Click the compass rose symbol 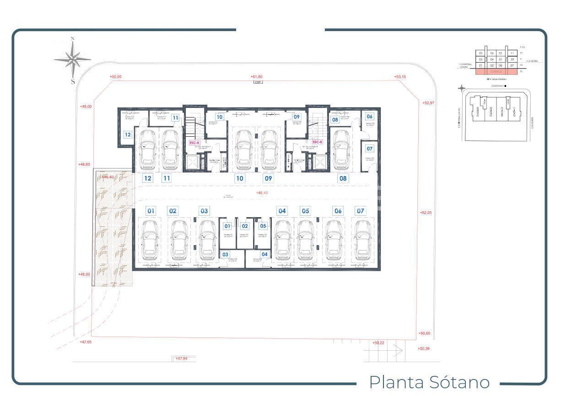pyautogui.click(x=72, y=59)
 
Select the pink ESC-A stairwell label pyautogui.click(x=194, y=143)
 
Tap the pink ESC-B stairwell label pyautogui.click(x=318, y=142)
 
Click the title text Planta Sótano pyautogui.click(x=429, y=382)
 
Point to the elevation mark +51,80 pyautogui.click(x=256, y=77)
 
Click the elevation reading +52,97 pyautogui.click(x=428, y=103)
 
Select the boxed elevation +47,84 pyautogui.click(x=181, y=359)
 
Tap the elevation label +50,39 pyautogui.click(x=424, y=349)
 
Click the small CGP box pyautogui.click(x=258, y=82)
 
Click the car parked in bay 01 pyautogui.click(x=150, y=240)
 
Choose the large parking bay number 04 pyautogui.click(x=282, y=211)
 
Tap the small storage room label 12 pyautogui.click(x=128, y=135)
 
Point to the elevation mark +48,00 pyautogui.click(x=84, y=274)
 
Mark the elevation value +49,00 pyautogui.click(x=86, y=106)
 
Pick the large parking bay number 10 pyautogui.click(x=239, y=178)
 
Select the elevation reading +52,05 pyautogui.click(x=426, y=213)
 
